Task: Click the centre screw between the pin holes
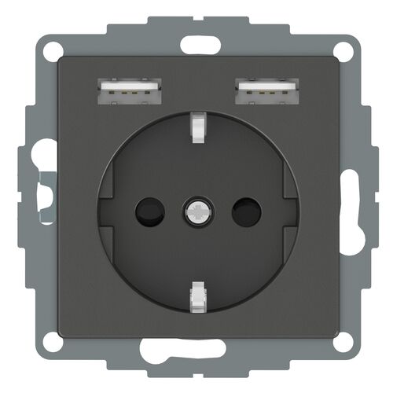tap(196, 211)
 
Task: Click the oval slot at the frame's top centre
tap(196, 44)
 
